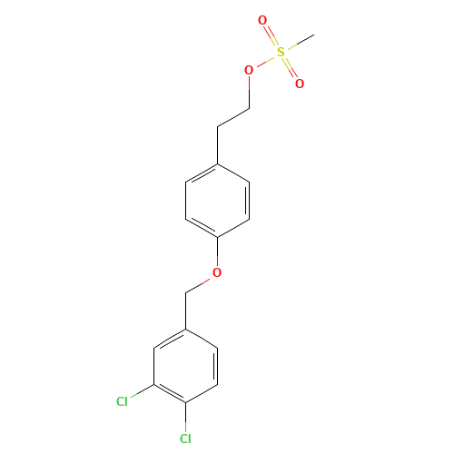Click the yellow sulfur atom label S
point(281,52)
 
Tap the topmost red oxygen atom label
point(262,21)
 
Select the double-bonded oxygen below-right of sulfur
point(300,84)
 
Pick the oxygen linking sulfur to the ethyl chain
point(249,70)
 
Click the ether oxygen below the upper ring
point(217,272)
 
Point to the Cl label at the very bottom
point(185,439)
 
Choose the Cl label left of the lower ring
point(122,401)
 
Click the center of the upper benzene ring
point(218,201)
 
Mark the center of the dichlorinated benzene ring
point(185,366)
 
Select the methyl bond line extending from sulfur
point(301,42)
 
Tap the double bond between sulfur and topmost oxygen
point(271,36)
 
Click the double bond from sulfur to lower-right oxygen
point(290,67)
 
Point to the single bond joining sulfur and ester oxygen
point(266,61)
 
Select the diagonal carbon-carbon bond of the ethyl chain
point(233,117)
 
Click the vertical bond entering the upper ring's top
point(218,145)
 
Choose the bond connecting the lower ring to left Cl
point(143,390)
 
